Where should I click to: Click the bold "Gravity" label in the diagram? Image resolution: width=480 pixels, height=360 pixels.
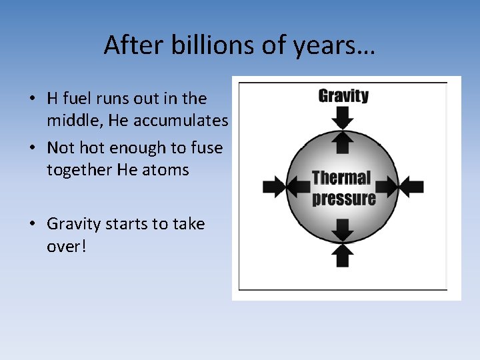point(343,95)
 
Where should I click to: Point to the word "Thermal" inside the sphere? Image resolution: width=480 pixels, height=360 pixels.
point(341,178)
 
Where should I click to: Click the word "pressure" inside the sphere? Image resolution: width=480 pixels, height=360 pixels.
point(343,199)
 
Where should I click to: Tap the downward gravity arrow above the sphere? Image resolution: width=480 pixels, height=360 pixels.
point(343,118)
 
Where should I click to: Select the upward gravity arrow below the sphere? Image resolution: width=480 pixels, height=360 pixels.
point(343,255)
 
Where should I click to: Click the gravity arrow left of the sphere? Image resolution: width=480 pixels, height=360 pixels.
point(273,187)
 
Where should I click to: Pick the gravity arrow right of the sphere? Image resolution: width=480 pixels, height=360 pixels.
point(411,187)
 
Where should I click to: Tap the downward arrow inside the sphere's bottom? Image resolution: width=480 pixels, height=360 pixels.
point(343,230)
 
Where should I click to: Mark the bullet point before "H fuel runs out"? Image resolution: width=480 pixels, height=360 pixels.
point(31,99)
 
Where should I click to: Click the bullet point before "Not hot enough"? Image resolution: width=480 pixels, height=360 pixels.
point(31,148)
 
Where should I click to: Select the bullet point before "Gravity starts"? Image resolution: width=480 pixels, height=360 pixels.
point(31,225)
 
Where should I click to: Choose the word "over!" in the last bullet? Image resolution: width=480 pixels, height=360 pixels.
point(67,247)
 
